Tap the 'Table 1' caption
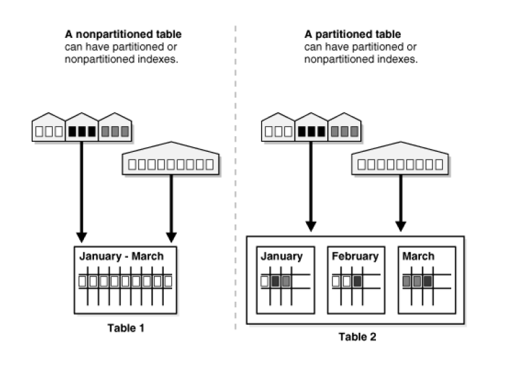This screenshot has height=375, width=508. click(125, 328)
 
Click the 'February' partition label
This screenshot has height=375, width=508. click(355, 257)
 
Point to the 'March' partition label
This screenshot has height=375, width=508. click(418, 257)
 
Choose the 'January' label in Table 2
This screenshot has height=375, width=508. click(280, 257)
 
